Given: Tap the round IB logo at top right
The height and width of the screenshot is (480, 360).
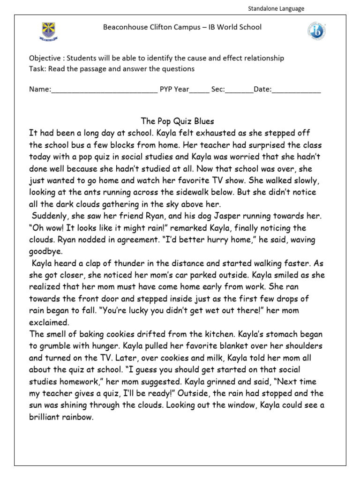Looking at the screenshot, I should [x=316, y=31].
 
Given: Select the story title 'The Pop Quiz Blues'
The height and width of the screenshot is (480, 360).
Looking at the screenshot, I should [x=174, y=121].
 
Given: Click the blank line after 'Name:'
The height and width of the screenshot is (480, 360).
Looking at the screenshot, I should [x=104, y=90].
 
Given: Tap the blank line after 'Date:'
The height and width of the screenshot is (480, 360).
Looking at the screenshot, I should [x=296, y=90].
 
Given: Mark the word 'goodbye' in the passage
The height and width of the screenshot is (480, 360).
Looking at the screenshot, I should [x=46, y=251].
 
